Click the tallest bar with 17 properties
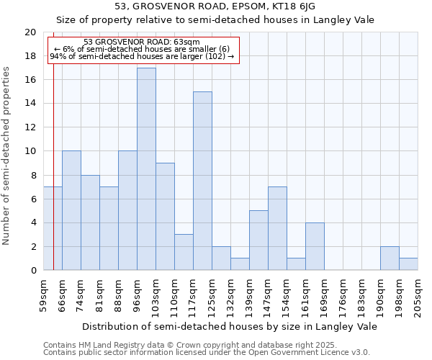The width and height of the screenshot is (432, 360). [146, 169]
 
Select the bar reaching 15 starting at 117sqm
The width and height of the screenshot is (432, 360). [202, 181]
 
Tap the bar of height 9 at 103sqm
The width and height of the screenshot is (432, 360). [165, 217]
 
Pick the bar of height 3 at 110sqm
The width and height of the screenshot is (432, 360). [184, 252]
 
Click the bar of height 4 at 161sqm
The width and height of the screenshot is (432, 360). [315, 246]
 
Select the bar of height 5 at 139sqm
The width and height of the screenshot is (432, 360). [258, 240]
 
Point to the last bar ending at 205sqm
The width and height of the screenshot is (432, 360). [408, 264]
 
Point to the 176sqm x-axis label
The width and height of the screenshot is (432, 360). [343, 296]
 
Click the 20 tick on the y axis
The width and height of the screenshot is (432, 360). [30, 32]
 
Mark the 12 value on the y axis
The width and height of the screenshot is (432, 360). [30, 127]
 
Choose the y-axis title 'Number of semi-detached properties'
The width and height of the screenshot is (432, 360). [7, 156]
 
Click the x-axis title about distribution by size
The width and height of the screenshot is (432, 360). [230, 326]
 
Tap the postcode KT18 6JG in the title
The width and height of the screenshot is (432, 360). [299, 6]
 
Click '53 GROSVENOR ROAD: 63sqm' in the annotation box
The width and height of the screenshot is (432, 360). [142, 42]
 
